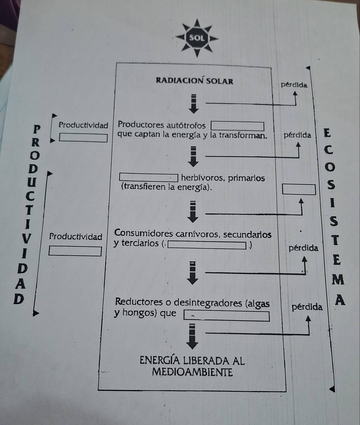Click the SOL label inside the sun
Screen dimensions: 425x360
(x=197, y=38)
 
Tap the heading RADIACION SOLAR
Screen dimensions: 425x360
(x=194, y=81)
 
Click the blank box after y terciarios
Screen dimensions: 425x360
(x=207, y=245)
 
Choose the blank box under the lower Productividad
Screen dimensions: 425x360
(x=75, y=251)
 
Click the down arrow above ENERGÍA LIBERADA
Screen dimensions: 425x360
(x=193, y=337)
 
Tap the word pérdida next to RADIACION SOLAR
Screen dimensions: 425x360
(x=294, y=85)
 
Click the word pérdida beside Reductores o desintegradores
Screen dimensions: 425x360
(x=307, y=307)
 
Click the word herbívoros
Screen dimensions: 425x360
(x=202, y=178)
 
